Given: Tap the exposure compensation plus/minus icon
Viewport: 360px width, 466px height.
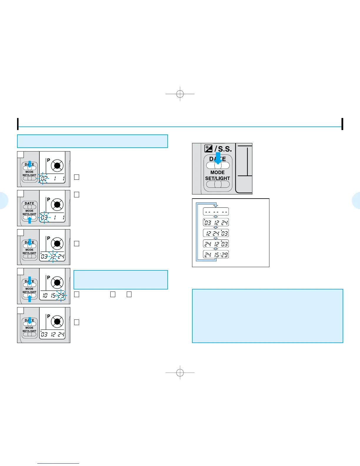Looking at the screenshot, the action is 209,149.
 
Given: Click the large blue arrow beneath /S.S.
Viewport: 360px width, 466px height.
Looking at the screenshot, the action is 218,158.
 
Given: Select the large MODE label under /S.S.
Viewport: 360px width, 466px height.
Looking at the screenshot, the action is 218,172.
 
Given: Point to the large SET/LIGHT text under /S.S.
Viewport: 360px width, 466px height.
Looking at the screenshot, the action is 218,178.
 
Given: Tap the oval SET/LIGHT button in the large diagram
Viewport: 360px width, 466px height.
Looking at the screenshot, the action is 218,184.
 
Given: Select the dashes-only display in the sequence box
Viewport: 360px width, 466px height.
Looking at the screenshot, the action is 216,212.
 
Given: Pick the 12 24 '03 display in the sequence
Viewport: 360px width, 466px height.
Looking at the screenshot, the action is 216,233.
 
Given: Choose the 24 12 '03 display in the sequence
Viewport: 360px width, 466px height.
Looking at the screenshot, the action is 216,244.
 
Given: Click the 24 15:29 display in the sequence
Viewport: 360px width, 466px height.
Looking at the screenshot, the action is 216,254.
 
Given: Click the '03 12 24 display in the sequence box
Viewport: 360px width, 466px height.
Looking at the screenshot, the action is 216,222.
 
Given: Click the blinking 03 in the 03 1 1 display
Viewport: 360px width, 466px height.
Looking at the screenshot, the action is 44,217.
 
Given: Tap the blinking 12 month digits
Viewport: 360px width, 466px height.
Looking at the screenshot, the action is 53,257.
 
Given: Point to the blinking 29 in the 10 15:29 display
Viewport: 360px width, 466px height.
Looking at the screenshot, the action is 61,295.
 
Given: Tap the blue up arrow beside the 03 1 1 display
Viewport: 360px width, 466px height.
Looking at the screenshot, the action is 29,219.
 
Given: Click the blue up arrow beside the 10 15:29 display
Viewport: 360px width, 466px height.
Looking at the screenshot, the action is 29,298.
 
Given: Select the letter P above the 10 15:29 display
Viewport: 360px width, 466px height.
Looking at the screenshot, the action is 49,277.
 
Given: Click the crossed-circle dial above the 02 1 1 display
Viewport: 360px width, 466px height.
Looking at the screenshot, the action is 57,166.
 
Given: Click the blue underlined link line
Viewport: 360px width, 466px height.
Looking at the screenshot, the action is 58,464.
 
